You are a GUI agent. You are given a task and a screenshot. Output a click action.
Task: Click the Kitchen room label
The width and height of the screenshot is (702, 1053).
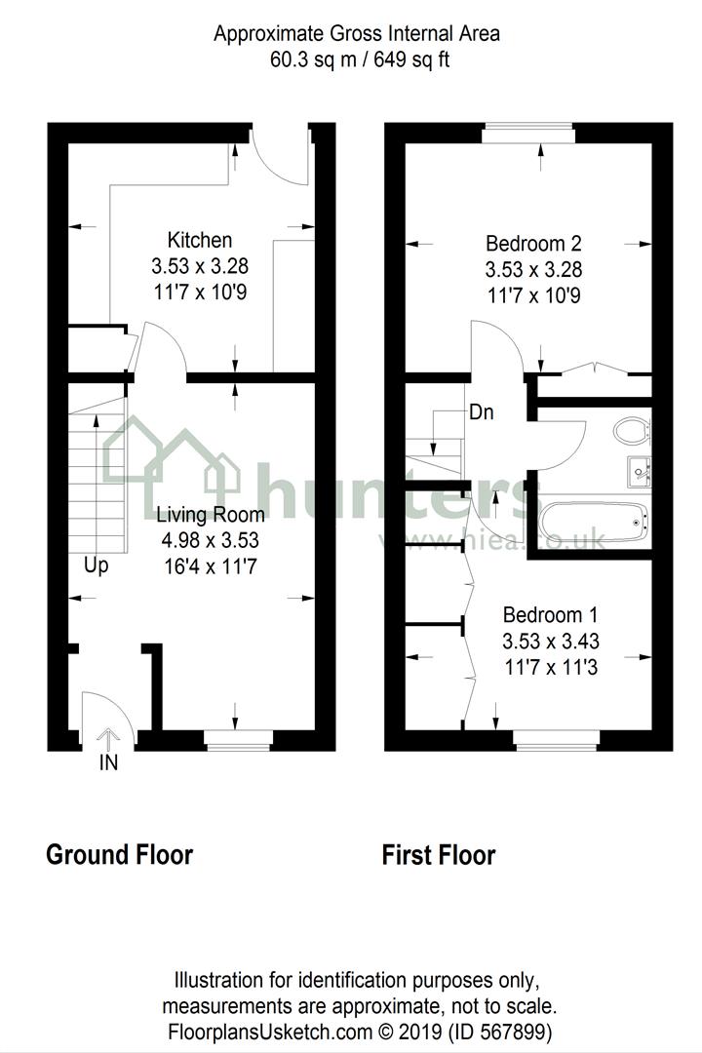200,240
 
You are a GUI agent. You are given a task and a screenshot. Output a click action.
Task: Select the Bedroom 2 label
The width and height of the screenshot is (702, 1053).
526,243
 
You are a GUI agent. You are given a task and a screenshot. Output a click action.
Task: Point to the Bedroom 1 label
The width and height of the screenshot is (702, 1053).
550,615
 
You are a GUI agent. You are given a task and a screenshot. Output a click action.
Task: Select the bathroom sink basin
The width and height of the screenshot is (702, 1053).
641,473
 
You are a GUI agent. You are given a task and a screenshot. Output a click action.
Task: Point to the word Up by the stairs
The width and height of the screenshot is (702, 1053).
96,565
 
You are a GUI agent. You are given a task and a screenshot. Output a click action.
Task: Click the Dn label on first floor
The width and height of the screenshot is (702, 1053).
481,412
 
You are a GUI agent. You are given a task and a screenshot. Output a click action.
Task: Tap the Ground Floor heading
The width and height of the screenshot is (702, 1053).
120,855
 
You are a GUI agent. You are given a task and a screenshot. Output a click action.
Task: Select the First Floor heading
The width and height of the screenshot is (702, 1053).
439,855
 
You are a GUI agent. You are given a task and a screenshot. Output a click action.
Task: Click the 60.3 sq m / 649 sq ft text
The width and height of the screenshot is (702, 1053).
358,59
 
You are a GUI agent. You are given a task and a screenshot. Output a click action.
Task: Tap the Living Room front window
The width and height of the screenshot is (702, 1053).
238,739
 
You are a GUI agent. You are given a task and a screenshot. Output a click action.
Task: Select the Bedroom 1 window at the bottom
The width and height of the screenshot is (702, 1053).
557,740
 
